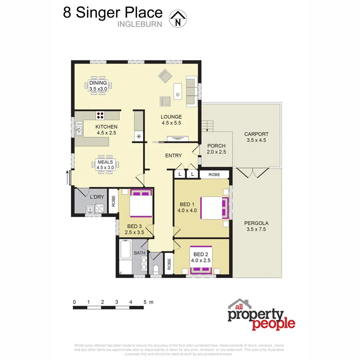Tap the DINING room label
(x=98, y=83)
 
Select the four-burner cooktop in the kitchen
(x=100, y=115)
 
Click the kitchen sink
(x=79, y=129)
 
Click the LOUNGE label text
(x=172, y=117)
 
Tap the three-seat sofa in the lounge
(x=191, y=92)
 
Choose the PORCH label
(x=216, y=146)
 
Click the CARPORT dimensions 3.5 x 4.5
(x=256, y=140)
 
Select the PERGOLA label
(x=256, y=223)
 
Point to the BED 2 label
(x=201, y=254)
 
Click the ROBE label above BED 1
(x=214, y=175)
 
